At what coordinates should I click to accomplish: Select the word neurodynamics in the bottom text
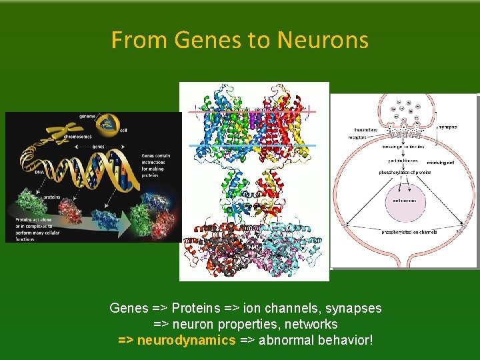(x=186, y=341)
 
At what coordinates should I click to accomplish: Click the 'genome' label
(x=87, y=116)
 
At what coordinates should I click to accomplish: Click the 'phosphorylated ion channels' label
(x=404, y=232)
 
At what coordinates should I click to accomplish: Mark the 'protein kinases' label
(x=404, y=161)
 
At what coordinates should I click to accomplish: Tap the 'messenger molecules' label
(x=404, y=147)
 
